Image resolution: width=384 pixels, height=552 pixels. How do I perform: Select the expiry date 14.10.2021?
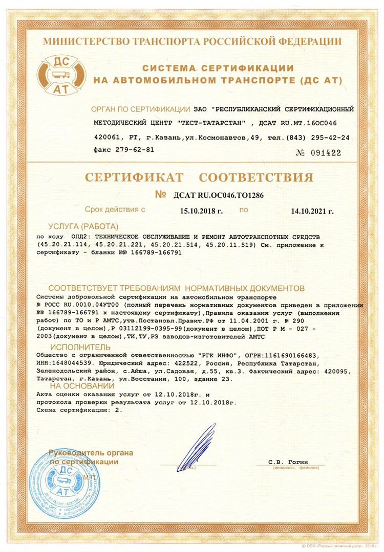tap(311, 211)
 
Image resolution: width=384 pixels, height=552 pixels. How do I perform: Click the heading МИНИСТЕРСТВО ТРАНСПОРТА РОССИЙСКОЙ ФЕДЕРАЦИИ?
tap(192, 41)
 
